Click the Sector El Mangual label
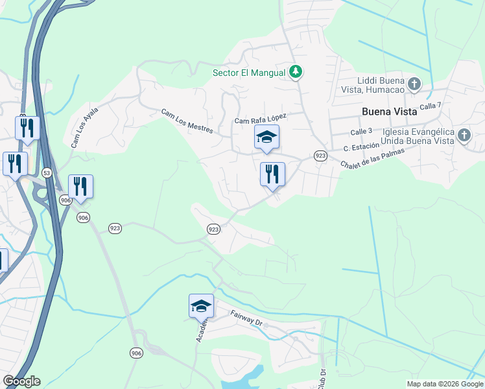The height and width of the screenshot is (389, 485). tap(249, 73)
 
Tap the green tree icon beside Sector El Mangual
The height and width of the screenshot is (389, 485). tap(296, 71)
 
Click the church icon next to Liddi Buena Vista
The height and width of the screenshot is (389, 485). tap(415, 84)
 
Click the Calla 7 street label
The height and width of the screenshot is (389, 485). tap(431, 106)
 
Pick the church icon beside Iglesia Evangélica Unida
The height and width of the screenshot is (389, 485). tap(464, 136)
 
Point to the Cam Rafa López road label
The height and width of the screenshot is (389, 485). tap(260, 119)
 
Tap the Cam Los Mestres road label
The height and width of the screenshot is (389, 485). tap(187, 121)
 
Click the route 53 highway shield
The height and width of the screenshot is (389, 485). tap(46, 173)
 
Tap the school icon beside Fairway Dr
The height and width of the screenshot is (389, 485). tap(201, 305)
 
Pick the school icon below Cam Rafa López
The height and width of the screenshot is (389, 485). tap(266, 137)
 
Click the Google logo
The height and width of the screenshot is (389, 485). tap(21, 381)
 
